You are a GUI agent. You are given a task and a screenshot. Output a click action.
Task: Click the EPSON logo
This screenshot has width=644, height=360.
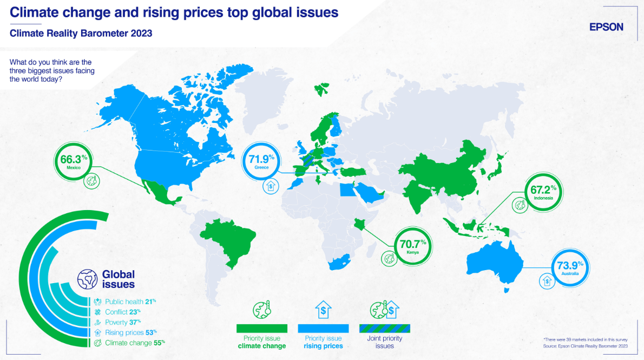coord(606,27)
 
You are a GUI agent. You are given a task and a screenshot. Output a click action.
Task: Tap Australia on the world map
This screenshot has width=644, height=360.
coord(495,263)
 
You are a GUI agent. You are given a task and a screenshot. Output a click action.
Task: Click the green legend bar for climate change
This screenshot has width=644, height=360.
coord(261,329)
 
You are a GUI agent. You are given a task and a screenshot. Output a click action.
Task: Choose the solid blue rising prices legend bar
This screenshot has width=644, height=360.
coord(323,329)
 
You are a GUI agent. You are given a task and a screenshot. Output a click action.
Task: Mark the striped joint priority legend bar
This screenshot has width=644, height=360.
coord(385,329)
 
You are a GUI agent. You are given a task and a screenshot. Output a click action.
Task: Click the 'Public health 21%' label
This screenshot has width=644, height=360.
coord(130,302)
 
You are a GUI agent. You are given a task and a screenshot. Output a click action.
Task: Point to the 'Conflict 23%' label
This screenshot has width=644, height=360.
coord(123,312)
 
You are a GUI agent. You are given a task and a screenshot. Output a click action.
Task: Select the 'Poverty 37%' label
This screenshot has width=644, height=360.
coord(123,322)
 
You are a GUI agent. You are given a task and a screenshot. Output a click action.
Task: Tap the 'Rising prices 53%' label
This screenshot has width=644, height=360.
coord(131,332)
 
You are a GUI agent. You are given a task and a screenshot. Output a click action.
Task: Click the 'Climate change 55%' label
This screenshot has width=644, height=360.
coord(135,343)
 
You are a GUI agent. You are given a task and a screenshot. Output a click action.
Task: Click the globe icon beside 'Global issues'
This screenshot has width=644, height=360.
coord(87,279)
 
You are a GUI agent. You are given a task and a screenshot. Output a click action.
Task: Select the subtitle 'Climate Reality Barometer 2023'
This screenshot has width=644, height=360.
coord(81,33)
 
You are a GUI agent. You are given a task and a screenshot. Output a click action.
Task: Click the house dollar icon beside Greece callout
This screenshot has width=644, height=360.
coord(271,187)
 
